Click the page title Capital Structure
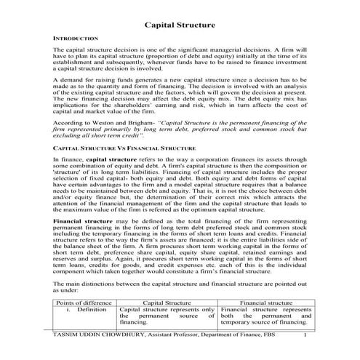point(179,23)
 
